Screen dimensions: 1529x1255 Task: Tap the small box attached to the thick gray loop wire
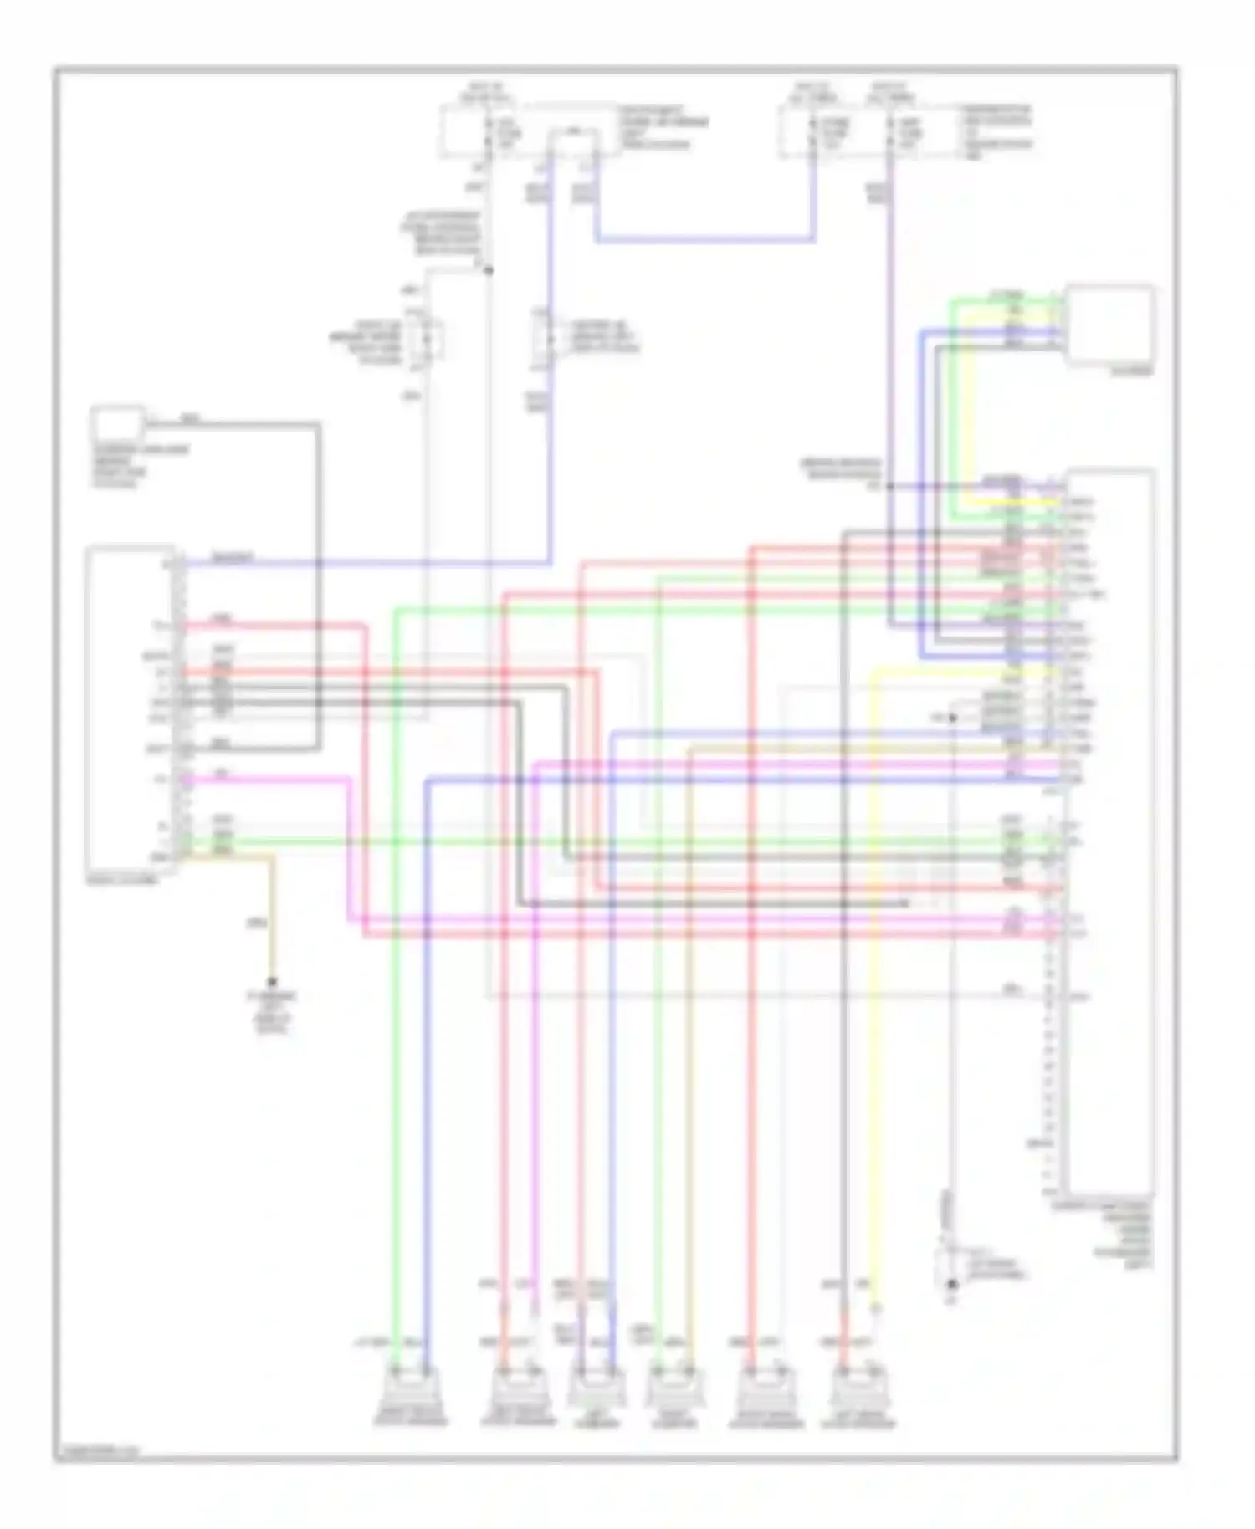118,423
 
